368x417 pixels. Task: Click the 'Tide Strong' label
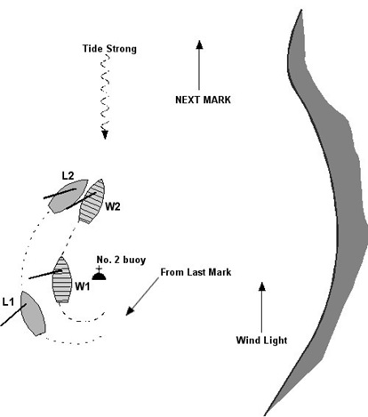(109, 49)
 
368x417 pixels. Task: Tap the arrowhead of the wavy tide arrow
(105, 134)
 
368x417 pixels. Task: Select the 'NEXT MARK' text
(203, 100)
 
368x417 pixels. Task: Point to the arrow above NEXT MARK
(199, 65)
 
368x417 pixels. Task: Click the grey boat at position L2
(68, 196)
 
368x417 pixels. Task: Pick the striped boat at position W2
(92, 201)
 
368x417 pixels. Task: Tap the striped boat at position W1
(62, 280)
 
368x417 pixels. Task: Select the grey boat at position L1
(33, 313)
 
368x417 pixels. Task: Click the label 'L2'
(68, 176)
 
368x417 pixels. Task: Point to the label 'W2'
(113, 206)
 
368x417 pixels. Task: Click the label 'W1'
(82, 286)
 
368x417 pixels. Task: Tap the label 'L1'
(8, 302)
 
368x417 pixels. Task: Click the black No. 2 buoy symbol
(99, 274)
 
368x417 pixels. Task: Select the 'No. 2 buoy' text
(121, 260)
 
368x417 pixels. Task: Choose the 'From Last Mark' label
(196, 272)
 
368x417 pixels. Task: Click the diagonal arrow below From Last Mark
(142, 296)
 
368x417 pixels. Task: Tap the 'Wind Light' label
(261, 340)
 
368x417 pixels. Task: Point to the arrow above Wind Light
(261, 308)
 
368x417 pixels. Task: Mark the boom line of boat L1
(13, 315)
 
